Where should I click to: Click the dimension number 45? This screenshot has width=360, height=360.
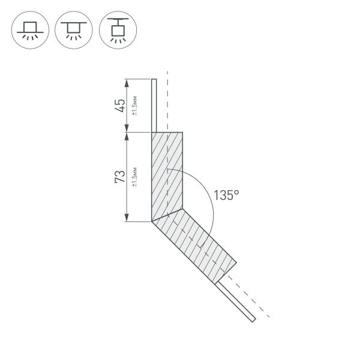(x=121, y=105)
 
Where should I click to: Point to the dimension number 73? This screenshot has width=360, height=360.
(x=121, y=176)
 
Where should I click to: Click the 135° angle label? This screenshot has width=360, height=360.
(x=227, y=195)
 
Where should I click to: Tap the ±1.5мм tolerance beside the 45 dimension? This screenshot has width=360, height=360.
(x=136, y=106)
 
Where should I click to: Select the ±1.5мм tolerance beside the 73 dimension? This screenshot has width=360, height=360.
(x=136, y=177)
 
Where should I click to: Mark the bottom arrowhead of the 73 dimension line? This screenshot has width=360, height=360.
(x=127, y=218)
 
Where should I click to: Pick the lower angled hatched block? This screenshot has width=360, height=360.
(x=194, y=242)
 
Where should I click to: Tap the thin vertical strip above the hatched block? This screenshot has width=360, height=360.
(x=154, y=105)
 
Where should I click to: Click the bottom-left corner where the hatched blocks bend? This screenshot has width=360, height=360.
(x=151, y=221)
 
